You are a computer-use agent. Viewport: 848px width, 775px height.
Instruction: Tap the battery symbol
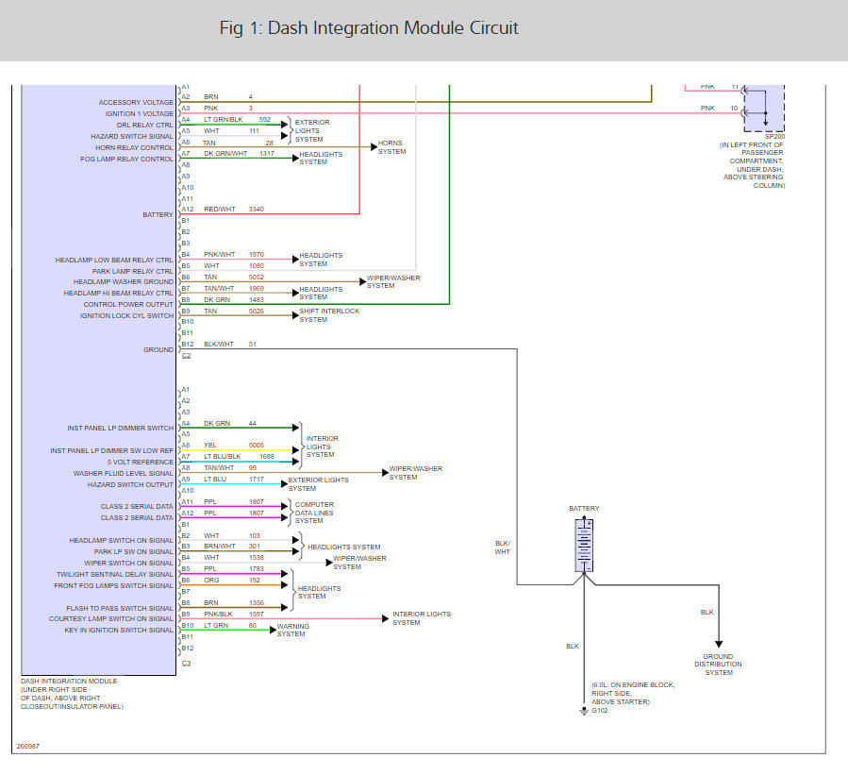pyautogui.click(x=584, y=546)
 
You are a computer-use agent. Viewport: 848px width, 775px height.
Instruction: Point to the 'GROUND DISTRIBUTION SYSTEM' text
pyautogui.click(x=719, y=665)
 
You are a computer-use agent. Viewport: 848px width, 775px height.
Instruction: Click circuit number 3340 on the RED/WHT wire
pyautogui.click(x=256, y=208)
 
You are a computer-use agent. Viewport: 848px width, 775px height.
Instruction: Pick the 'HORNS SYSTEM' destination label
pyautogui.click(x=391, y=147)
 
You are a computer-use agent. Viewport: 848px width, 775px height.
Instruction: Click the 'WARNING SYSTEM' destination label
pyautogui.click(x=291, y=630)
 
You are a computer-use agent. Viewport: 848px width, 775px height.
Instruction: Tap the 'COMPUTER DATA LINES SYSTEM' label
pyautogui.click(x=314, y=513)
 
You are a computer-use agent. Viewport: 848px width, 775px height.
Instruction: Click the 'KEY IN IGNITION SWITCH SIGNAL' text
pyautogui.click(x=119, y=631)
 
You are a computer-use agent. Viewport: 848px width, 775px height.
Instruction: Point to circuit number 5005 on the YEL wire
pyautogui.click(x=256, y=445)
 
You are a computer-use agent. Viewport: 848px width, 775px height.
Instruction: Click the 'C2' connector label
pyautogui.click(x=186, y=356)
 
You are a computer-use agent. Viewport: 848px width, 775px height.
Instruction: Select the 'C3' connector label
pyautogui.click(x=186, y=664)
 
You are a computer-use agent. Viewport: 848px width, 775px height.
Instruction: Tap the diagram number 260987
pyautogui.click(x=27, y=746)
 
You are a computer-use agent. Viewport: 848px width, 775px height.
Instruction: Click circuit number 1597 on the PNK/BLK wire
pyautogui.click(x=258, y=615)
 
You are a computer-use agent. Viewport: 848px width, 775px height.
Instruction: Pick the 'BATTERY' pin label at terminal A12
pyautogui.click(x=158, y=214)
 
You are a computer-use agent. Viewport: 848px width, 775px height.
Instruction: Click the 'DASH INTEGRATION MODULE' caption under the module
pyautogui.click(x=69, y=681)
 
